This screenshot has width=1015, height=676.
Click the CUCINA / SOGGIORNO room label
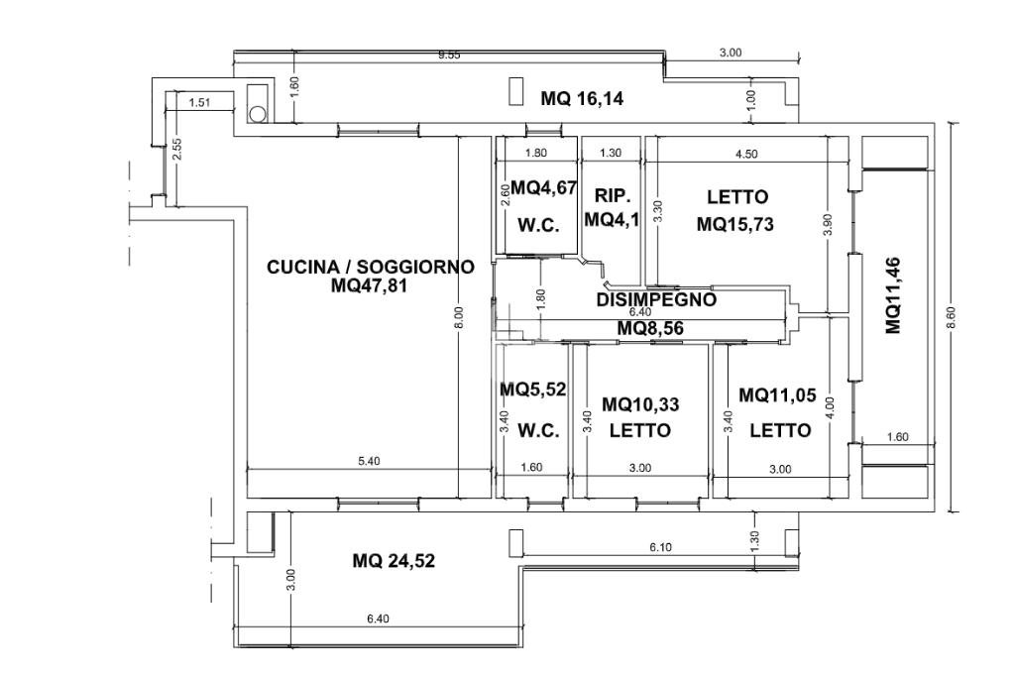370,267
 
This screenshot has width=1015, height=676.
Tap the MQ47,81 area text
370,285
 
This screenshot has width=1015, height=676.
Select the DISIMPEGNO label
656,298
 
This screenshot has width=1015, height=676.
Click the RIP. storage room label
613,196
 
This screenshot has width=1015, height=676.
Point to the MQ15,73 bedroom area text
734,224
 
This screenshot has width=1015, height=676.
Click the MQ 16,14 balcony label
581,98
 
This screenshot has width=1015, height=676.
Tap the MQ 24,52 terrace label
394,561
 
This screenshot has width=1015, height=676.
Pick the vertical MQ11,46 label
893,294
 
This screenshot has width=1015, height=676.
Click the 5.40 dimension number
369,461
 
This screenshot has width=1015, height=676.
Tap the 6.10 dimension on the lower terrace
661,546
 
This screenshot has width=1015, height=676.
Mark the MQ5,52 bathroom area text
533,390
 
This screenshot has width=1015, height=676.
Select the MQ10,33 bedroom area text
640,404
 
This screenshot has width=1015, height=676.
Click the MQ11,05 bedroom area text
777,395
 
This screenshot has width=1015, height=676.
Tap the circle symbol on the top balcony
258,113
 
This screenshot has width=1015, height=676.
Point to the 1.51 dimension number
199,101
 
